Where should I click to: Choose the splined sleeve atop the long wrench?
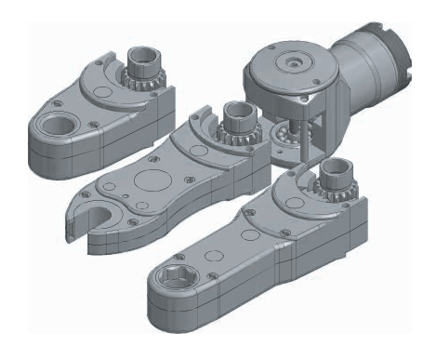pyautogui.click(x=334, y=177)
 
